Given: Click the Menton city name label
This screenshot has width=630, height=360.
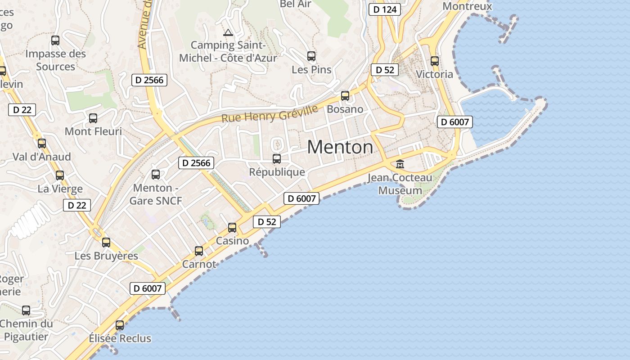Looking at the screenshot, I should (340, 147).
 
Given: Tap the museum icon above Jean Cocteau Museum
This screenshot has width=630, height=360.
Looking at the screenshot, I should (400, 164).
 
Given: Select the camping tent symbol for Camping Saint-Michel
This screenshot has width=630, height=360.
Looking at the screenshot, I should (228, 32).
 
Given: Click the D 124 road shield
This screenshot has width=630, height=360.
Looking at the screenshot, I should (384, 9).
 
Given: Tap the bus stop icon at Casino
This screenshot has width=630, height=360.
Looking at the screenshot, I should (232, 228).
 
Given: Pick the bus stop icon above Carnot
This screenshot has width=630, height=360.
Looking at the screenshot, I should (199, 251).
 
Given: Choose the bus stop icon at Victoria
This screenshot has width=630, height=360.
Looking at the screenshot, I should (435, 61).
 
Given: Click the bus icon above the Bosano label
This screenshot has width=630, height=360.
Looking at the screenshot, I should (345, 95).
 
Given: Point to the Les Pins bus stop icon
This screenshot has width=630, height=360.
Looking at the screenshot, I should (311, 56).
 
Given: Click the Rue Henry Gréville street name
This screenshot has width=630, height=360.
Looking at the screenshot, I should (270, 113).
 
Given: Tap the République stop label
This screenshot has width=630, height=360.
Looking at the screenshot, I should (277, 172).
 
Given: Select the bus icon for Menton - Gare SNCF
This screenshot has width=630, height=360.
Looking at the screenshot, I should (156, 175).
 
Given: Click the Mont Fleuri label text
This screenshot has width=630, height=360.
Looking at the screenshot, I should (93, 131).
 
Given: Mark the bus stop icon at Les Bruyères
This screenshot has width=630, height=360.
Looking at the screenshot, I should (106, 243).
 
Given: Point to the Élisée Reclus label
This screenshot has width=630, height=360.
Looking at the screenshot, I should (120, 338).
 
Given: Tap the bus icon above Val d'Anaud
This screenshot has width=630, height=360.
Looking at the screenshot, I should (42, 144).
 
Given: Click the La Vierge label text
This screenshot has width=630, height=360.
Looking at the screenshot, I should (60, 189).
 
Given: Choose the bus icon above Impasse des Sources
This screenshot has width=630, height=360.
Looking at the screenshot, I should (55, 40).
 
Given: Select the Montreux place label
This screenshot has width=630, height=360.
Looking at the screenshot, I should (467, 6).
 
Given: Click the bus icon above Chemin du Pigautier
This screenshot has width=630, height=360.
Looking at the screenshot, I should (26, 310).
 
